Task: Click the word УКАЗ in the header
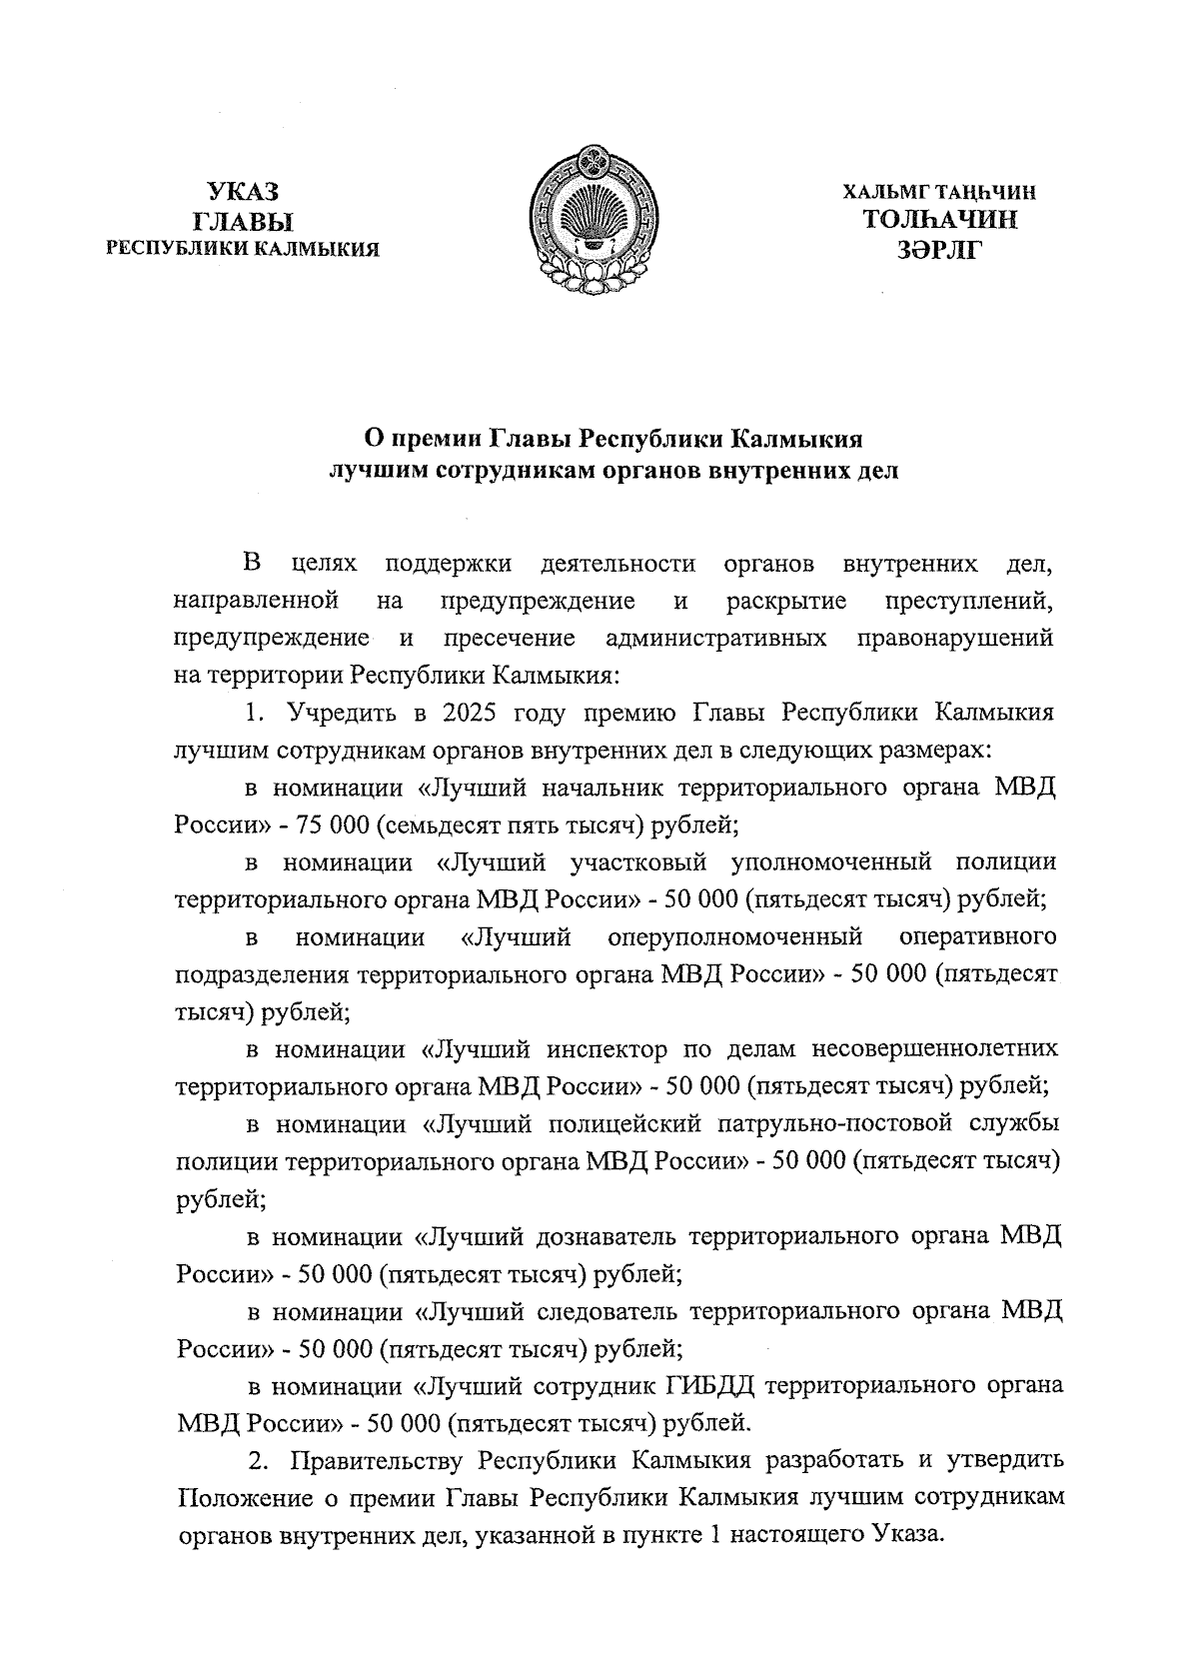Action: coord(243,191)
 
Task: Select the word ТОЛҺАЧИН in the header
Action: coord(940,220)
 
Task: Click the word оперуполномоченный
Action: coord(734,937)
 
